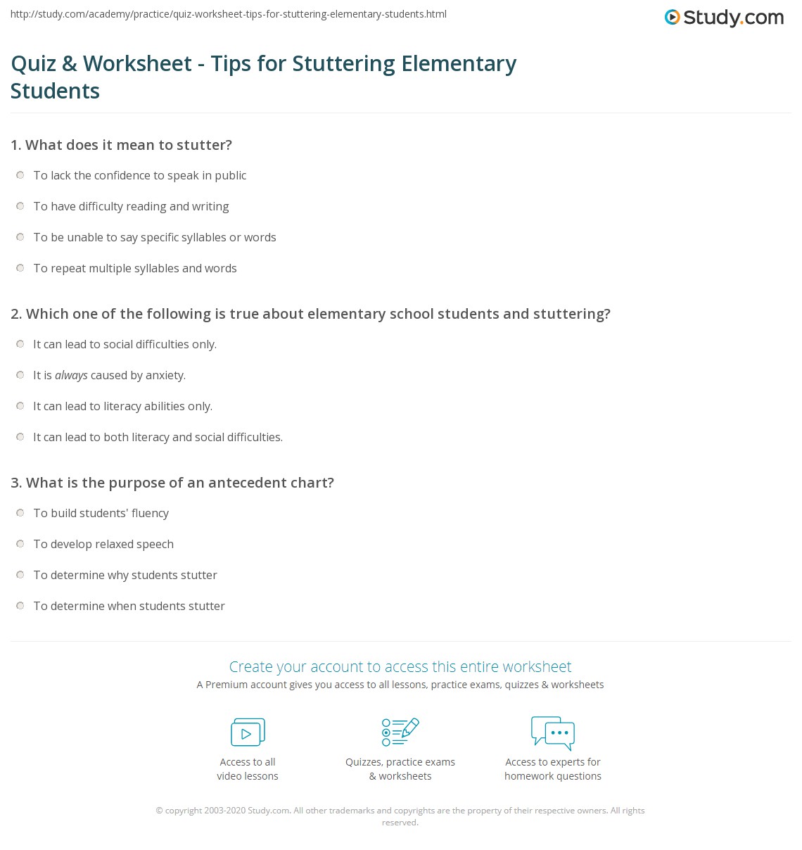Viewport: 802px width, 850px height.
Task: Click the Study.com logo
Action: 724,18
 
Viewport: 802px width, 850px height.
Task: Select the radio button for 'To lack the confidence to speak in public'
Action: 20,175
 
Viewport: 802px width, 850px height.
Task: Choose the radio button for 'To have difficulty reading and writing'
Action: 20,206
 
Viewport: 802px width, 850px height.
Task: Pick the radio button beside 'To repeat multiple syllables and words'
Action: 20,268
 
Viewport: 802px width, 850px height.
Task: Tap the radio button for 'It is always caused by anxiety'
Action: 20,375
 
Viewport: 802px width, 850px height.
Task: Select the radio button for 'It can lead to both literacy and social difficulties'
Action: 20,437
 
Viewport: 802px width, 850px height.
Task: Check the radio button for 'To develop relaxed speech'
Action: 20,544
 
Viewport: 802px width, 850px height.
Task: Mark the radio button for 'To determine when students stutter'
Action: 20,606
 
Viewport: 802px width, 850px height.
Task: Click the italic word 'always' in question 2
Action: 71,376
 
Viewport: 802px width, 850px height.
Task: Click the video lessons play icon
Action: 248,732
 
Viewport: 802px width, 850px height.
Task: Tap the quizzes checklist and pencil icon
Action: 400,732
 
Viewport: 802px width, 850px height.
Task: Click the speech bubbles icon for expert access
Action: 553,732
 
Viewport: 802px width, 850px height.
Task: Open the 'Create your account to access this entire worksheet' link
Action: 400,666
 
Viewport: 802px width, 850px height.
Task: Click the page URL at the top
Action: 229,14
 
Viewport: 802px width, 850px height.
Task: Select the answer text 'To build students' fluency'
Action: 101,513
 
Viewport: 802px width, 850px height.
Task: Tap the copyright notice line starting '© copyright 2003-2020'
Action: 400,811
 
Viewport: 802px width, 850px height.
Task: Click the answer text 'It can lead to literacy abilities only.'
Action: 122,406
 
